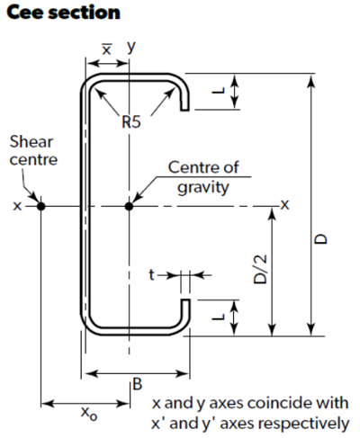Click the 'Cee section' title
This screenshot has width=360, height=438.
click(63, 13)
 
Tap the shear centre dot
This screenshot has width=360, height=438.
click(40, 206)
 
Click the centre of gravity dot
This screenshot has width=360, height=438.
click(129, 206)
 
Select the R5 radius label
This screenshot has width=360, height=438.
click(131, 122)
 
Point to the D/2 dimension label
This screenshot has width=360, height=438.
click(260, 269)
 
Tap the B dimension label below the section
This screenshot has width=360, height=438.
click(137, 384)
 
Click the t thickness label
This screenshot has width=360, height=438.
click(152, 274)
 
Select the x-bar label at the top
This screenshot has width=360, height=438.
click(106, 49)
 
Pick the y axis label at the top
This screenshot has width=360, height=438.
click(131, 47)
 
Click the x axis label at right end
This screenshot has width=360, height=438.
click(284, 205)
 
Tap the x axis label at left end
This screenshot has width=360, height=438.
click(17, 206)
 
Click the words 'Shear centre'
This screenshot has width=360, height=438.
click(33, 150)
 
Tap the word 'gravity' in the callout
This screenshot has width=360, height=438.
click(203, 188)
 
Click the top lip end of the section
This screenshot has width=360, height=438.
click(184, 110)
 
